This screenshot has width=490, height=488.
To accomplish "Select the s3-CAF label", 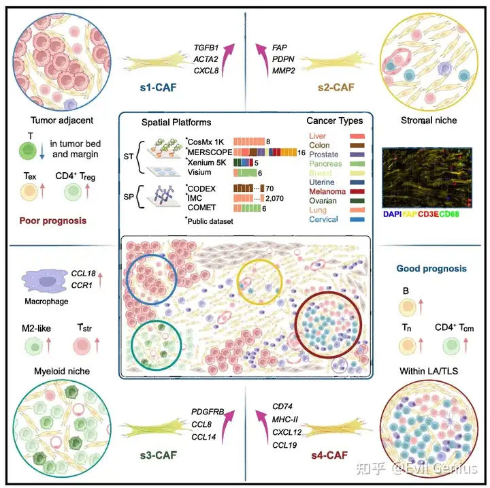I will (158, 455).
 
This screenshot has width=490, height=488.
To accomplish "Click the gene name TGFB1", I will (207, 48).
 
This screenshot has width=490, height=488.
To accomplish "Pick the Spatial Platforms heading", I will (176, 123).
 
